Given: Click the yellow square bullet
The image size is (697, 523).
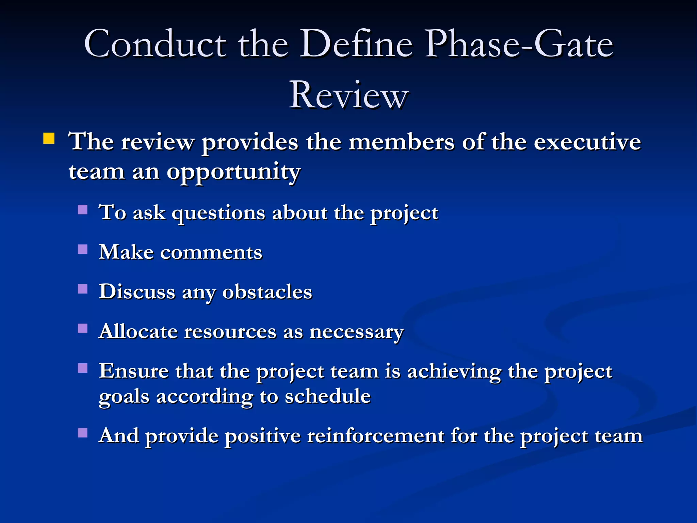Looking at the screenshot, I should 49,139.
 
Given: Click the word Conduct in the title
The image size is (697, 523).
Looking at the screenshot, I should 155,44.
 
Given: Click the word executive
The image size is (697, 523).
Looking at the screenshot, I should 587,142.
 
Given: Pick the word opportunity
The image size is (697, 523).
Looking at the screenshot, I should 233,172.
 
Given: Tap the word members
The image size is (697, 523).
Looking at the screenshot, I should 402,142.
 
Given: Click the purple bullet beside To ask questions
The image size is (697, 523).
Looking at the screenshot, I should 83,209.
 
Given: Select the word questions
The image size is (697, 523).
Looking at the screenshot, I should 218,213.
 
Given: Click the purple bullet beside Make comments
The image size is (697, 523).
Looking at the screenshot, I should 83,250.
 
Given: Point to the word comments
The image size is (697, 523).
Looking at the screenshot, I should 211,253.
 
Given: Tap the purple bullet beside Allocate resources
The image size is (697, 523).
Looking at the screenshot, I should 83,329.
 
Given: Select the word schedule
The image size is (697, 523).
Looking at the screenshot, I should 327,396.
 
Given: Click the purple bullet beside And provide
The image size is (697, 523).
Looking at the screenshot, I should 83,433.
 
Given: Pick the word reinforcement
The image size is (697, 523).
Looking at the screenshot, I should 375,436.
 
